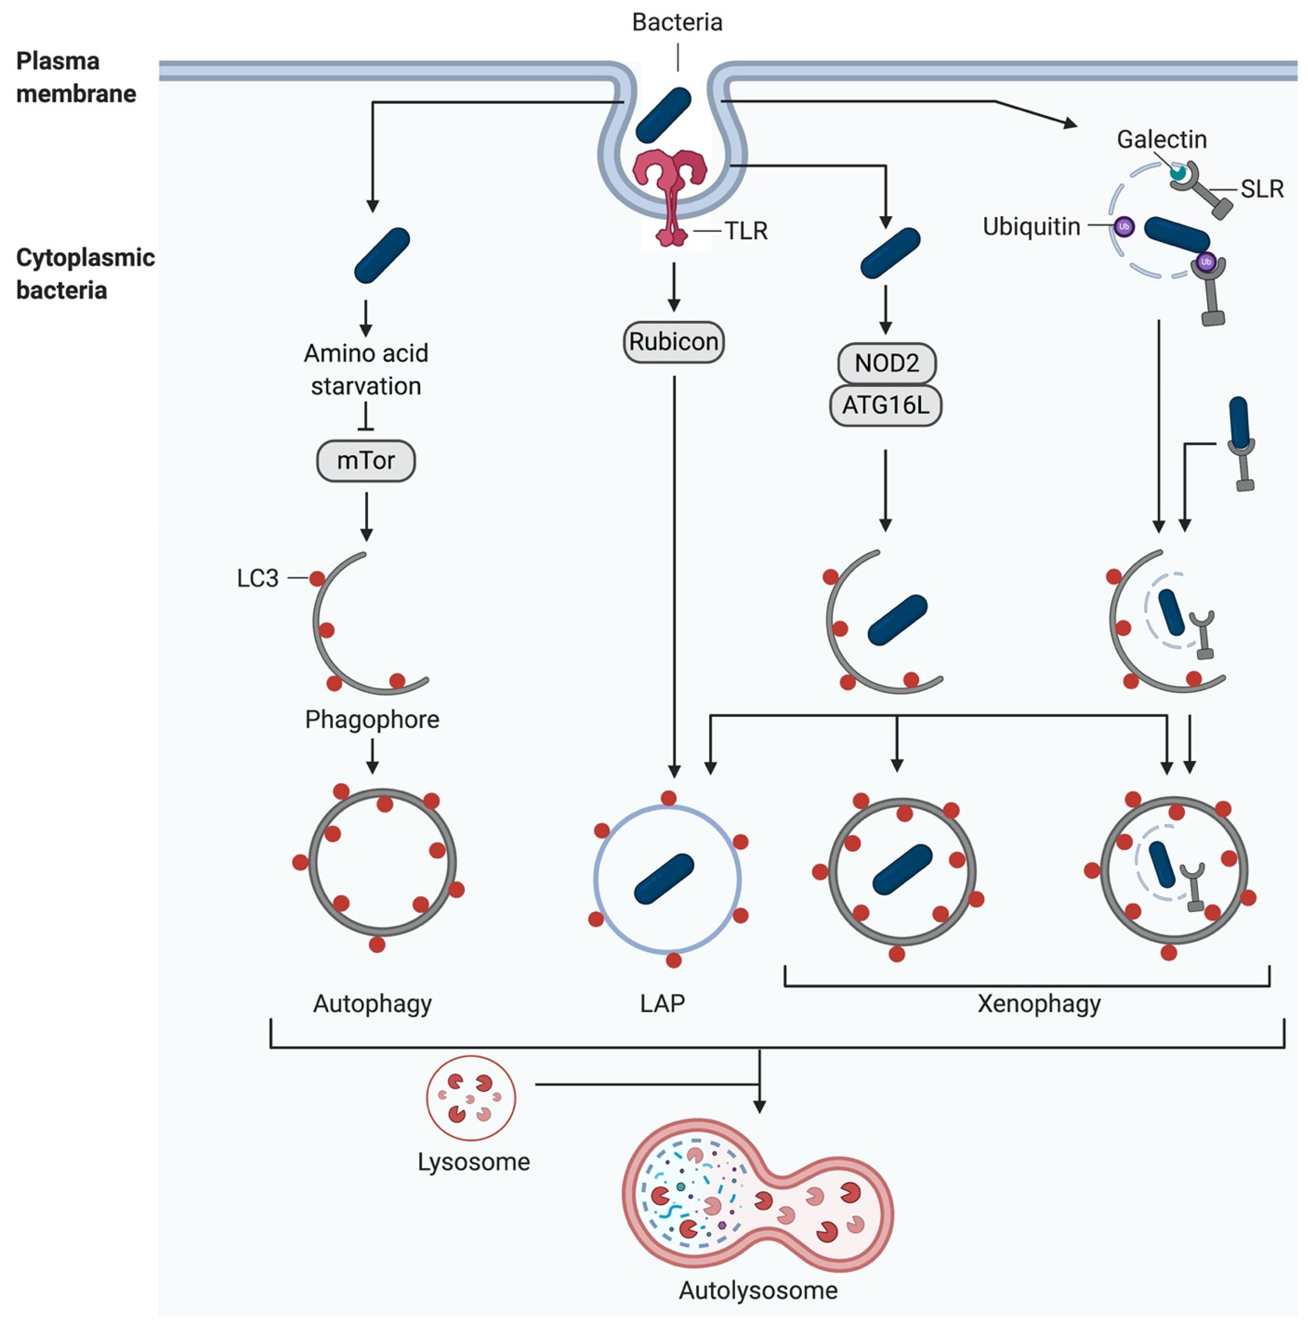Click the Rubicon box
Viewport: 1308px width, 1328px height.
(673, 342)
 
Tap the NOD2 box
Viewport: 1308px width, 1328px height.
(886, 363)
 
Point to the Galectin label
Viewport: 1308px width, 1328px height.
(1161, 140)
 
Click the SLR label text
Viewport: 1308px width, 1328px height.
(1261, 189)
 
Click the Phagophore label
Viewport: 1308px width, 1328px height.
(372, 720)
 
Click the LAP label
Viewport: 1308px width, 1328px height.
(662, 1004)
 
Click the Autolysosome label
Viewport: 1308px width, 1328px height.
(758, 1290)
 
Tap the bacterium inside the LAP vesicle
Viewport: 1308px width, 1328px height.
(664, 878)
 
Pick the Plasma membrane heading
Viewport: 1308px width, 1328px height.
(76, 77)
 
